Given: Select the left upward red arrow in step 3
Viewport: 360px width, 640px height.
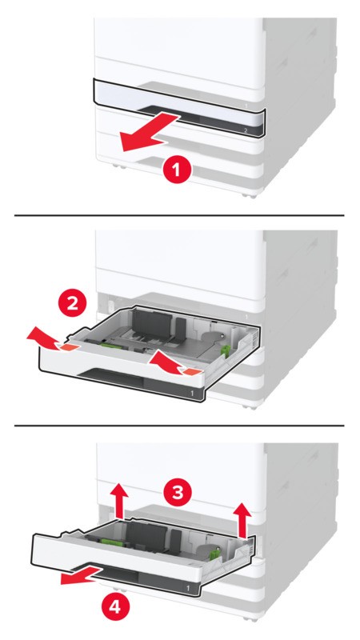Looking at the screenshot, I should coord(118,502).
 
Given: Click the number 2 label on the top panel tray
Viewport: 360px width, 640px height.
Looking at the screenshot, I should coord(246,129).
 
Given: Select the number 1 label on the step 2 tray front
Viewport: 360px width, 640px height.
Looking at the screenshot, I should coord(193,394).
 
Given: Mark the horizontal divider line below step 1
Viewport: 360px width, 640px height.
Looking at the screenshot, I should coord(181,215).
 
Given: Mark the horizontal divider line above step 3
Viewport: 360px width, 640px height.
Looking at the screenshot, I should coord(181,425).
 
